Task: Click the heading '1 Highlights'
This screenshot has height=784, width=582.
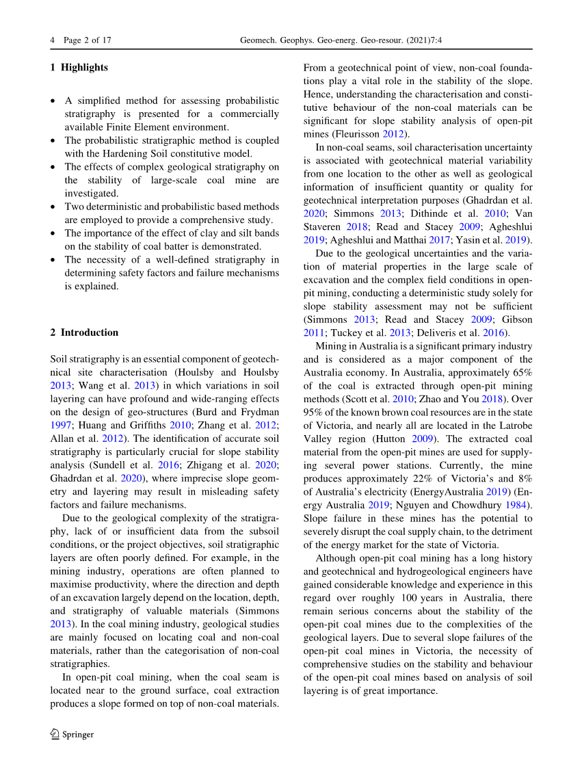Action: tap(79, 67)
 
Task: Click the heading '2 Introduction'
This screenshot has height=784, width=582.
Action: tap(84, 332)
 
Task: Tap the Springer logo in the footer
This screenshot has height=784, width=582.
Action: tap(72, 734)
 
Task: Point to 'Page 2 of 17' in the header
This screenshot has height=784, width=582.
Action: tap(87, 40)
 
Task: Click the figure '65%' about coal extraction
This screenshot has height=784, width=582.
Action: tap(522, 373)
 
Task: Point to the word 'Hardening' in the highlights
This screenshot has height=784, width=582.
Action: tap(139, 153)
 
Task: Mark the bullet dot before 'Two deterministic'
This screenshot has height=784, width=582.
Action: tap(53, 207)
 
